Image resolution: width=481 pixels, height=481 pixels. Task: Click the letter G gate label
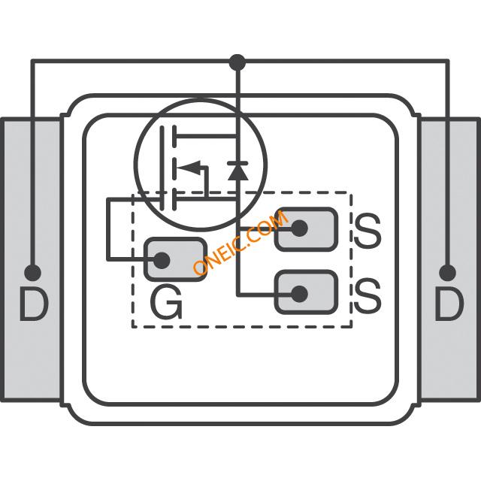pos(166,303)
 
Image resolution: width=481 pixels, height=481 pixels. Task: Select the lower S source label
pos(367,296)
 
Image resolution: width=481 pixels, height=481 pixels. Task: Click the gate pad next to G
pos(174,259)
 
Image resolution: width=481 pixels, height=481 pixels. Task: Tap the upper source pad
pos(306,228)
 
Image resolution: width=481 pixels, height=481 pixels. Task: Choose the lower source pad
pos(306,293)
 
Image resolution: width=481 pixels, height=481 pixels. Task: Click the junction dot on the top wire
pos(237,60)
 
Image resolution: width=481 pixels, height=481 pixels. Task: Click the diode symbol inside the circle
pos(237,171)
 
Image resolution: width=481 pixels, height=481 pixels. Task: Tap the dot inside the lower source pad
pos(298,293)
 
